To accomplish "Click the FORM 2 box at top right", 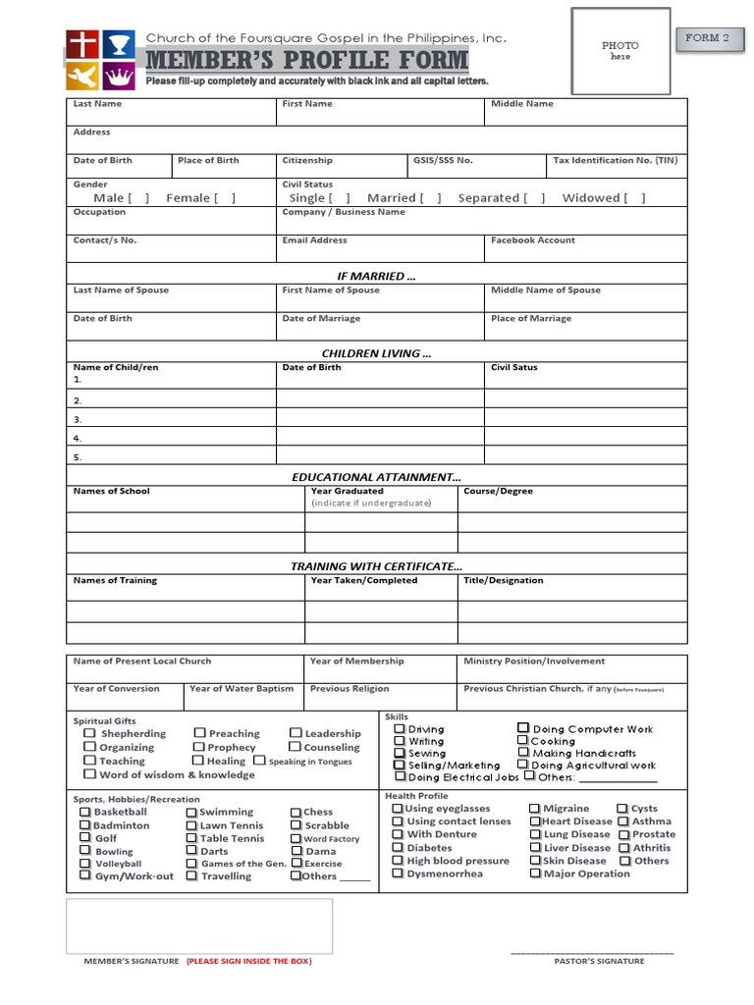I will pyautogui.click(x=707, y=38).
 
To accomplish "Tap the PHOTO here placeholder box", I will pyautogui.click(x=620, y=51).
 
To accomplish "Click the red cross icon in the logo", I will pyautogui.click(x=81, y=44).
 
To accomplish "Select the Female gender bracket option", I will pyautogui.click(x=225, y=198).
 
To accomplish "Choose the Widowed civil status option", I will pyautogui.click(x=635, y=198).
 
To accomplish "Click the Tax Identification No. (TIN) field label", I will pyautogui.click(x=615, y=160).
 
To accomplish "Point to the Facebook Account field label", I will pyautogui.click(x=533, y=240).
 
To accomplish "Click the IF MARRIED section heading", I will pyautogui.click(x=376, y=277).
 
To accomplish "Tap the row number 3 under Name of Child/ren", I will pyautogui.click(x=78, y=419).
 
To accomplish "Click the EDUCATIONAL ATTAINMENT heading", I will pyautogui.click(x=376, y=477).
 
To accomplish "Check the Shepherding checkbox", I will pyautogui.click(x=89, y=733).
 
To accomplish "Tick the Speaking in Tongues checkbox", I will pyautogui.click(x=259, y=761).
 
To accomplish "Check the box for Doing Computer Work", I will pyautogui.click(x=523, y=728).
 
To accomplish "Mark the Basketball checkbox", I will pyautogui.click(x=84, y=812).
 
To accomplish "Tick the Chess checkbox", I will pyautogui.click(x=296, y=813).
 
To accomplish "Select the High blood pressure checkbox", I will pyautogui.click(x=398, y=861).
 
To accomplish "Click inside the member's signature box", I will pyautogui.click(x=199, y=926).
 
